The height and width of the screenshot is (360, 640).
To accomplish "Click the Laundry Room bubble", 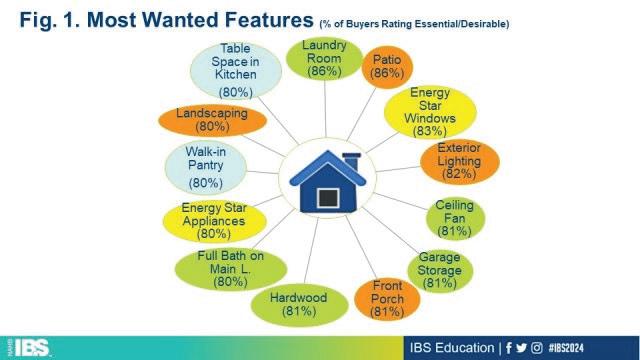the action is click(324, 59).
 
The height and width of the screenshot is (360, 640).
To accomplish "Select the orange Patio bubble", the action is click(387, 67).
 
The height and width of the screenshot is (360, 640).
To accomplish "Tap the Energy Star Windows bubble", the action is click(430, 112).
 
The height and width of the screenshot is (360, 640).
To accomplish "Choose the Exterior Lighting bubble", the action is click(460, 162).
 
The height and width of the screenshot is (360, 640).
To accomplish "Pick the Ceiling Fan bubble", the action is click(455, 218).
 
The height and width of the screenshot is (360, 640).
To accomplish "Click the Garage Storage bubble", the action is click(440, 271).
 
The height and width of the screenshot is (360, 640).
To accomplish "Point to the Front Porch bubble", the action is click(387, 299).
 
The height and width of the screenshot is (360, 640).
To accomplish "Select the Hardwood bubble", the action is click(299, 305).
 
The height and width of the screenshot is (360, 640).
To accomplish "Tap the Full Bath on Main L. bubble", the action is click(231, 269).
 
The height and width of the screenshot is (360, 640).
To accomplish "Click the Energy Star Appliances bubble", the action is click(214, 221).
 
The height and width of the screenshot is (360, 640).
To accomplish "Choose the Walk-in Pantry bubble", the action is click(206, 167).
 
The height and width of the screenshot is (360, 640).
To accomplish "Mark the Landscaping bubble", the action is click(212, 120).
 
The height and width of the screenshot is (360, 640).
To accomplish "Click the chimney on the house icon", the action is click(351, 162).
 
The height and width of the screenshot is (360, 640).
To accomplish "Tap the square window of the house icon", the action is click(328, 198).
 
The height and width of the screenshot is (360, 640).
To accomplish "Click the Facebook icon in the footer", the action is click(509, 348).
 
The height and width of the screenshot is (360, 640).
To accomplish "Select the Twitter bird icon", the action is click(521, 348).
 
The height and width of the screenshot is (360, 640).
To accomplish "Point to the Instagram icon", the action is click(537, 348).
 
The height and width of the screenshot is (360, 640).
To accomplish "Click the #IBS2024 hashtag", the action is click(566, 348).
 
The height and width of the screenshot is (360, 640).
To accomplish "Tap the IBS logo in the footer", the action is click(31, 348).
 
